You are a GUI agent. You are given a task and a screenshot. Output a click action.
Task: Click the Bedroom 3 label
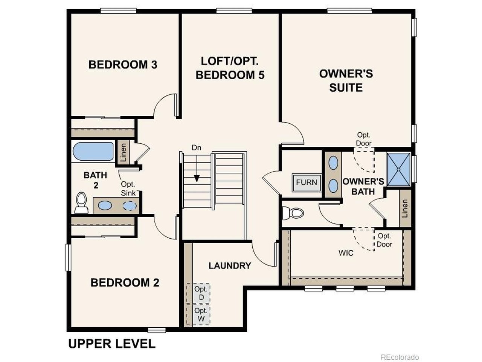(x=123, y=64)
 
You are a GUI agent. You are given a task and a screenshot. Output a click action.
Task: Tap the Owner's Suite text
(x=346, y=80)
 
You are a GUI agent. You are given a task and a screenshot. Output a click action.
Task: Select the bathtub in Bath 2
(x=93, y=152)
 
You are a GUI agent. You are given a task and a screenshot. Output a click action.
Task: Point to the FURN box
(x=306, y=183)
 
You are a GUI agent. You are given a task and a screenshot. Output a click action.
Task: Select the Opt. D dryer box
(x=201, y=293)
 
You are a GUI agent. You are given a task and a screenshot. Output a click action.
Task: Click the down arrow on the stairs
(x=196, y=178)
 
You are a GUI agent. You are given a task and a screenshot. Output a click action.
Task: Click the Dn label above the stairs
(x=196, y=148)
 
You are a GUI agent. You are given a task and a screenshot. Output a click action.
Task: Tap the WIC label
(x=346, y=253)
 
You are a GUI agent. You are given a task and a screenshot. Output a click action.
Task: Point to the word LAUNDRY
(x=230, y=265)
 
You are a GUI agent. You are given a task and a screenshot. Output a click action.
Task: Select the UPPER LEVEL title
(x=111, y=344)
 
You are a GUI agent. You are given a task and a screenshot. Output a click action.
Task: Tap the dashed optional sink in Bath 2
(x=130, y=206)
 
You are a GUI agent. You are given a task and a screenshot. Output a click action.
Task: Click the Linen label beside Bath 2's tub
(x=123, y=152)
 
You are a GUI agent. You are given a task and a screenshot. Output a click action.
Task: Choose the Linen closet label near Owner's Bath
(x=405, y=209)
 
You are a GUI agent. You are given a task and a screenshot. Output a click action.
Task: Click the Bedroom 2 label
(x=125, y=282)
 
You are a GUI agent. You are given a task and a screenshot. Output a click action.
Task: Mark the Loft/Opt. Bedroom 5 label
(x=230, y=68)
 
